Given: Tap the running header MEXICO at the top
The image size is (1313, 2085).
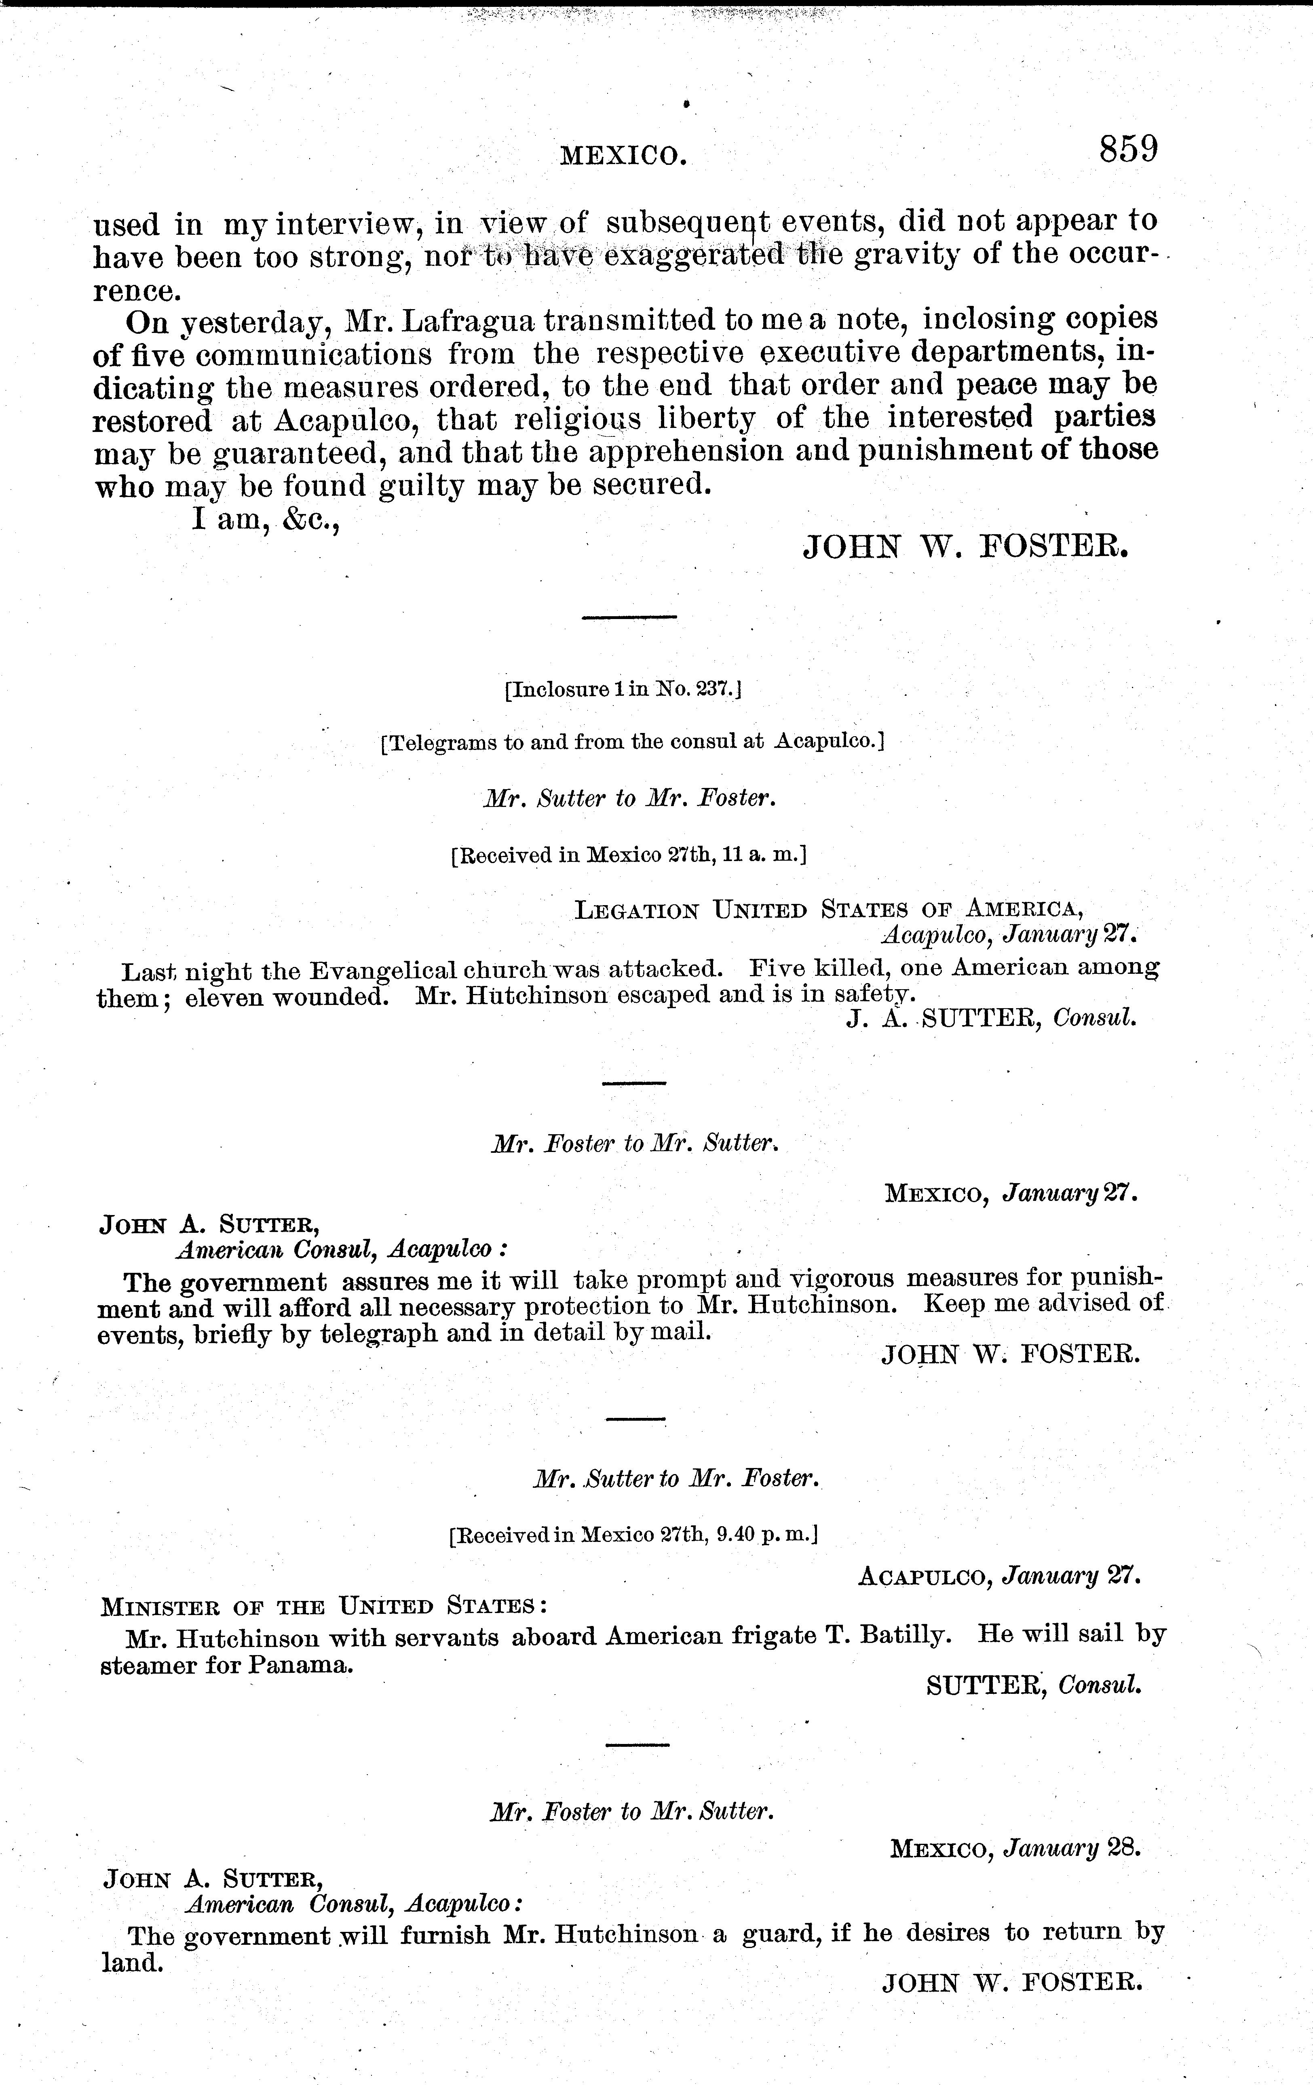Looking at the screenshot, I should click(624, 156).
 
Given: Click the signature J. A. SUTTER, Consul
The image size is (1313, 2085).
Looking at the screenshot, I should click(990, 1019).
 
